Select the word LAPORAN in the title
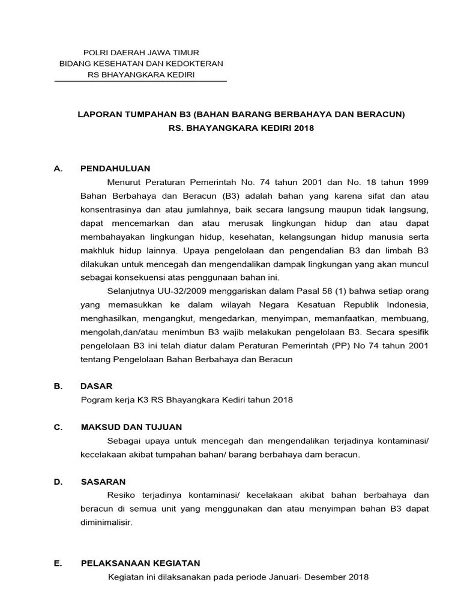point(97,114)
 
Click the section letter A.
point(58,168)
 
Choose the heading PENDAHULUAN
point(115,168)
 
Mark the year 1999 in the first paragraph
point(418,182)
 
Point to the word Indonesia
point(408,304)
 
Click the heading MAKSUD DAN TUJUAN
point(131,427)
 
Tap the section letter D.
point(58,482)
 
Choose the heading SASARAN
point(103,482)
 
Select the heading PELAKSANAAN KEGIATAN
point(140,563)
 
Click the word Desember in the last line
point(329,577)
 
